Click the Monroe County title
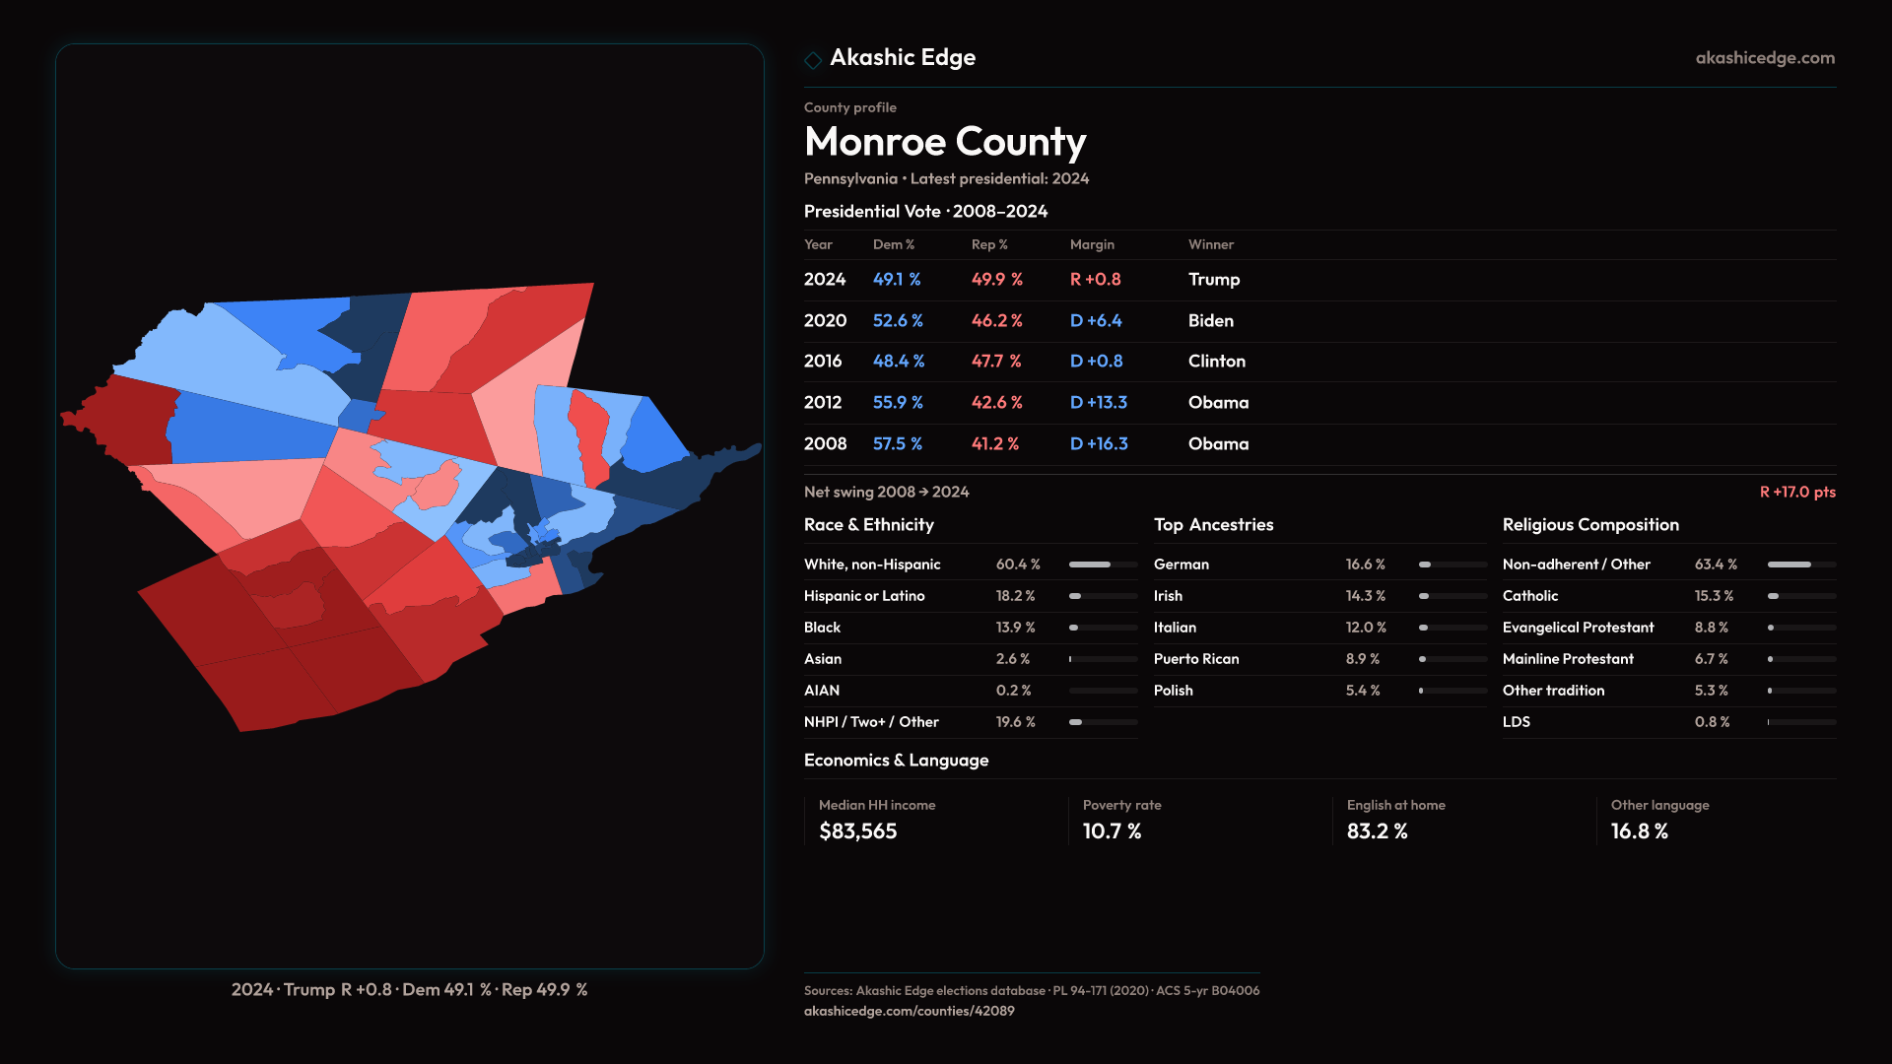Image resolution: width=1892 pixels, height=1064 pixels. tap(944, 142)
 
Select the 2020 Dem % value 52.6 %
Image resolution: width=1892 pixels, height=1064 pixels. tap(897, 321)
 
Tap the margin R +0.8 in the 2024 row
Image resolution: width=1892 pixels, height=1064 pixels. tap(1095, 280)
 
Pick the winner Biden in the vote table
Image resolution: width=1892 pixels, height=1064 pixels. tap(1210, 321)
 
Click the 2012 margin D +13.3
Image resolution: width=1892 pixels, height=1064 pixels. tap(1098, 403)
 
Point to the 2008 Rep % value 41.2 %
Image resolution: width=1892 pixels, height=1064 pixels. tap(994, 444)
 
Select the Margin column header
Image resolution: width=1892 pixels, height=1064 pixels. tap(1092, 244)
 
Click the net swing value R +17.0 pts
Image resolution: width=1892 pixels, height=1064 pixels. tap(1796, 492)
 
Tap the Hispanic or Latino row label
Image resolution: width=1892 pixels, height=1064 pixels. tap(863, 596)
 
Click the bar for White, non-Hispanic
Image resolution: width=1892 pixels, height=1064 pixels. tap(1103, 565)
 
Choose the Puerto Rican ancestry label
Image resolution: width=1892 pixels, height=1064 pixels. tap(1195, 659)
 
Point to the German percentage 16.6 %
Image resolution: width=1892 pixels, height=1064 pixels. tap(1365, 565)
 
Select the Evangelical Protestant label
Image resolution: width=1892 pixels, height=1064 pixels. tap(1578, 628)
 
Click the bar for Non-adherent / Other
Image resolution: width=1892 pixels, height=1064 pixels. tap(1800, 565)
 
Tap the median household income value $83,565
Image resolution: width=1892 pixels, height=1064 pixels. tap(857, 831)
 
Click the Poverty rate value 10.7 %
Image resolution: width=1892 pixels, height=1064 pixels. tap(1112, 831)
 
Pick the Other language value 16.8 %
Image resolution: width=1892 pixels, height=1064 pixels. tap(1639, 831)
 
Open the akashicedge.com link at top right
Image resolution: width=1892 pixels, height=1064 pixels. tap(1764, 58)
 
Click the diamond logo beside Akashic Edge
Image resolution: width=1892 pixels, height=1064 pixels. tap(813, 60)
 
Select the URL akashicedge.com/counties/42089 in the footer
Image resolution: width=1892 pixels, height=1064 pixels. tap(909, 1011)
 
